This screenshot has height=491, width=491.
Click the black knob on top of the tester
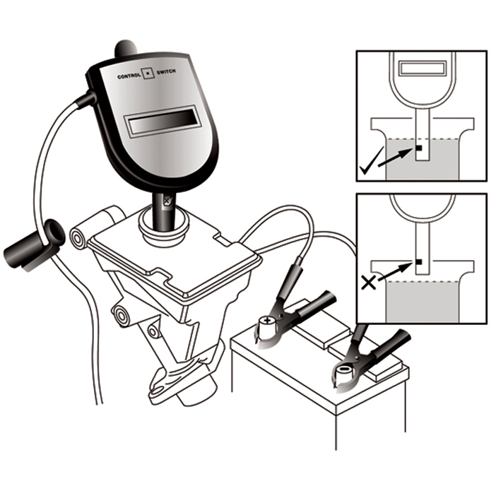click(126, 49)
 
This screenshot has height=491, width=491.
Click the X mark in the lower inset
click(367, 283)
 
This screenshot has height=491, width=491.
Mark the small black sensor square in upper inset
click(419, 148)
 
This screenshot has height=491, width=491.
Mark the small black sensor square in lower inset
click(419, 262)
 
